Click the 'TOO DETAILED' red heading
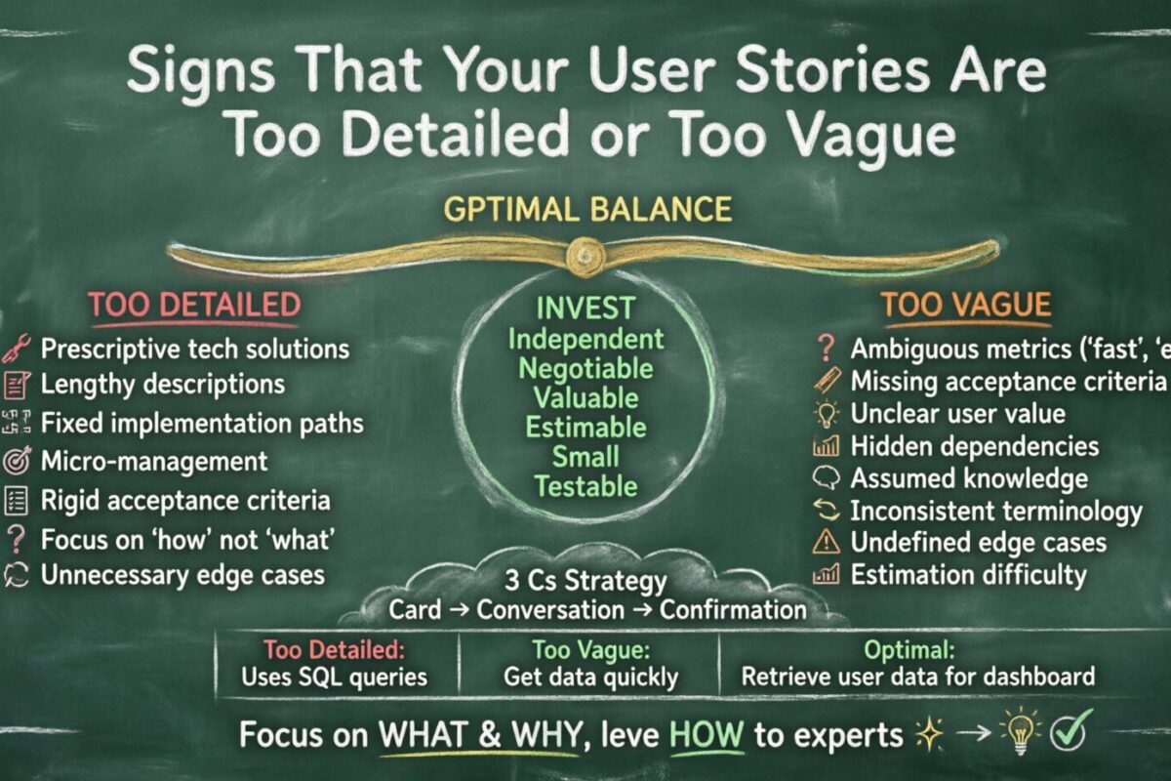tap(194, 305)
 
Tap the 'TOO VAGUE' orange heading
tap(966, 305)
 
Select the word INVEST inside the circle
tap(585, 309)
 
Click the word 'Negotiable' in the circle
tap(585, 368)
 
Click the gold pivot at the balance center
tap(585, 253)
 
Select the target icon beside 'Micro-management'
tap(17, 461)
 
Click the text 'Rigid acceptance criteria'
tap(185, 500)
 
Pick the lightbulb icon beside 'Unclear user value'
tap(826, 414)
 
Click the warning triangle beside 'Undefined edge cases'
tap(826, 542)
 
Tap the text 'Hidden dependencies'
tap(974, 446)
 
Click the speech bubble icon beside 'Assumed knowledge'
tap(826, 478)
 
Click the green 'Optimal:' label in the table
tap(916, 647)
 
